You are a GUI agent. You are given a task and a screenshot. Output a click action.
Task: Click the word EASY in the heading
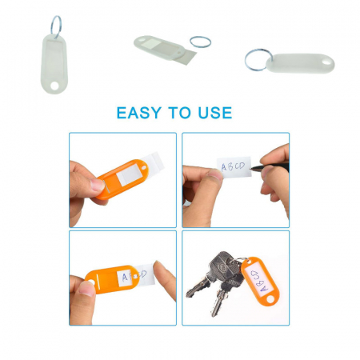point(139,113)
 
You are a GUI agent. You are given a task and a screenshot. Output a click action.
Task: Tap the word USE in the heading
point(215,113)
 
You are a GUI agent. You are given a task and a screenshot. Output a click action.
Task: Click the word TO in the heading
point(179,113)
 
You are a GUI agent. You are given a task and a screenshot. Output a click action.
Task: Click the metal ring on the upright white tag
point(56,25)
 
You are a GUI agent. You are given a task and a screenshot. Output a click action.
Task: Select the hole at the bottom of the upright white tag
point(55,86)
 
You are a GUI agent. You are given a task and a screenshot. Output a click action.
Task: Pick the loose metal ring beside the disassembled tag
point(200,42)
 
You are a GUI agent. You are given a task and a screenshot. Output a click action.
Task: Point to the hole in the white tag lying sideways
point(326,62)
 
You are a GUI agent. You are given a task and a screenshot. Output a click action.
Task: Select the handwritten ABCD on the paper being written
point(233,166)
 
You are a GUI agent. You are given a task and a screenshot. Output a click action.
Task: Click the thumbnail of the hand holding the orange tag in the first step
point(97,185)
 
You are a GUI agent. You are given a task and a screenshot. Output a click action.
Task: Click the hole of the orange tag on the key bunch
point(270,298)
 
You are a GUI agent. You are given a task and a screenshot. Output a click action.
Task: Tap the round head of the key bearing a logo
point(221,266)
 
